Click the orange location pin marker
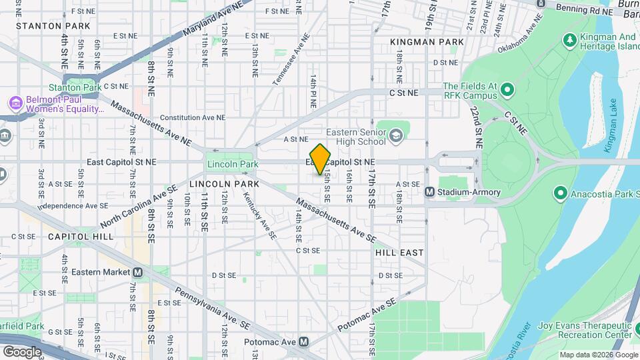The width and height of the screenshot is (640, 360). point(320,159)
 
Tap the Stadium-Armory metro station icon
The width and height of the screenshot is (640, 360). point(430,192)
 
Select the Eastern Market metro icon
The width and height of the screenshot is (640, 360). point(138,272)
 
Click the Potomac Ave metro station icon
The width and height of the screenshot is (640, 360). point(304,342)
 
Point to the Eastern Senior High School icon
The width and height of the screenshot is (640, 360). point(397,136)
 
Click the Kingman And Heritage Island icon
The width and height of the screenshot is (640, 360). point(570,41)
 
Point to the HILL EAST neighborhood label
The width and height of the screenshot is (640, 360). point(399,253)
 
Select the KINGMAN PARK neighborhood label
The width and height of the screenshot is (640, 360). point(427,42)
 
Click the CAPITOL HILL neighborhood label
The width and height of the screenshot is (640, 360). point(80,236)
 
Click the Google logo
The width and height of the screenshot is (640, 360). point(22,351)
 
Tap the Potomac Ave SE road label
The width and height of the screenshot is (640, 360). point(368,314)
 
